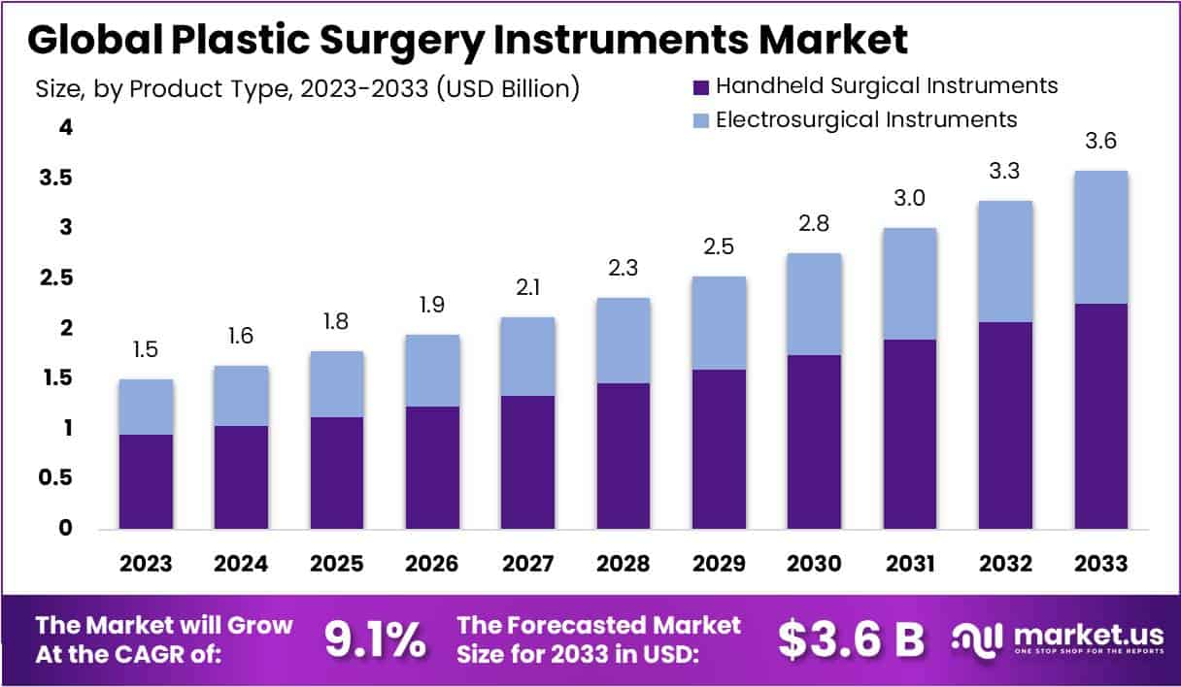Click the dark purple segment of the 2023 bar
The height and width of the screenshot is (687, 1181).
tap(146, 481)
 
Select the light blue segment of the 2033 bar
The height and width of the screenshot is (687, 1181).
tap(1100, 237)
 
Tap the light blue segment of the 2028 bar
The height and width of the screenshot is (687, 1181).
tap(623, 340)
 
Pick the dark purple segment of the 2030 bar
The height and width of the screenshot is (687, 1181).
tap(814, 442)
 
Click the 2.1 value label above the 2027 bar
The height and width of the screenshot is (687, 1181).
tap(528, 287)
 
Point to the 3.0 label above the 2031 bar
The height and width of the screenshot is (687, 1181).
tap(909, 199)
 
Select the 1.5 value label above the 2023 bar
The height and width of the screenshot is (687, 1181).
tap(147, 349)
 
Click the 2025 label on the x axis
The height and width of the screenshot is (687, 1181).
tap(337, 564)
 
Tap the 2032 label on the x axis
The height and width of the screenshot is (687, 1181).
tap(1005, 564)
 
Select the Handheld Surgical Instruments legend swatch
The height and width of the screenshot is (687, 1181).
tap(698, 86)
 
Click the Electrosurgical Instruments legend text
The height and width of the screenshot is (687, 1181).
tap(865, 119)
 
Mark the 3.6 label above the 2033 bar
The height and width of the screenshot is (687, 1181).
tap(1100, 141)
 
